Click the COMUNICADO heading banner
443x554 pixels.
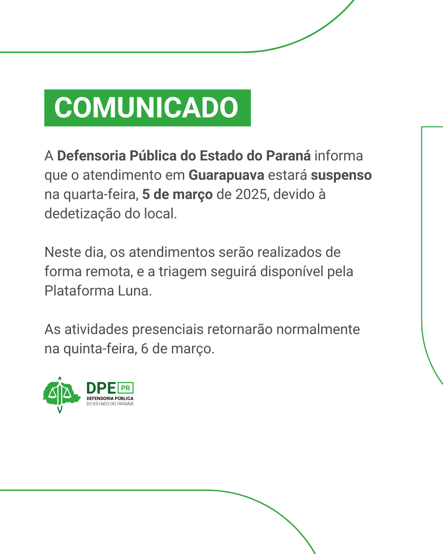[x=148, y=108]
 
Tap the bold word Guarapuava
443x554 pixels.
[x=226, y=176]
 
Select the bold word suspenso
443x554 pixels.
[x=341, y=176]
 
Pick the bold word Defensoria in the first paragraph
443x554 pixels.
[x=91, y=156]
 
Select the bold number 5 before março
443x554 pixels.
[x=146, y=195]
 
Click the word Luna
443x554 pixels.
[x=135, y=291]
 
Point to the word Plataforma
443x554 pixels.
[x=79, y=291]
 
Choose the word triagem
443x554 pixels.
[x=183, y=272]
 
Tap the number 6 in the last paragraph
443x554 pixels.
[x=145, y=349]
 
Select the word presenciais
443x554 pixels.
[x=168, y=330]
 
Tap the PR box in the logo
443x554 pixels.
[x=126, y=388]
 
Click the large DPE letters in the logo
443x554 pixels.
[x=101, y=388]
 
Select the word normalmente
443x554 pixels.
[x=318, y=330]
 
